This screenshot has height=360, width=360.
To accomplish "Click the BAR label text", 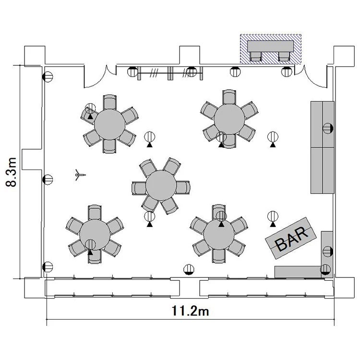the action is [292, 238].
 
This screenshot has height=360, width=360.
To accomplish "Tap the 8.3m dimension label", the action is [11, 172].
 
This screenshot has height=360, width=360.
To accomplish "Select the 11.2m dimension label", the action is [191, 311].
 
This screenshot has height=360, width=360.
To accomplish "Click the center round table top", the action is [161, 185].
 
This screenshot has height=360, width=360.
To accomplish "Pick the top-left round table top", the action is [110, 124].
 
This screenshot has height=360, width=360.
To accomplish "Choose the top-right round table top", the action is [229, 119].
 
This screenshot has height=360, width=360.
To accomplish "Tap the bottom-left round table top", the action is [95, 234].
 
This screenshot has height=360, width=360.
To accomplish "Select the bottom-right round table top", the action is [219, 234].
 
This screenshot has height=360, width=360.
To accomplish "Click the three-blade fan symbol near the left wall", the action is [80, 175].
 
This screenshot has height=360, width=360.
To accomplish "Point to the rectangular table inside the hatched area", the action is [270, 46].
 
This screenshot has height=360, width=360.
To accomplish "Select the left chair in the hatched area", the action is [256, 57].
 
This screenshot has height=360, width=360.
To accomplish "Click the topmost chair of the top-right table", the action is [229, 97].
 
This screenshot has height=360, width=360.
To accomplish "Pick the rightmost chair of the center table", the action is [183, 188].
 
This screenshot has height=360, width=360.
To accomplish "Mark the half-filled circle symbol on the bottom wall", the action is [189, 270].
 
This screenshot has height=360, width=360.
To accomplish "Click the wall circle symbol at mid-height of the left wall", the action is [48, 180].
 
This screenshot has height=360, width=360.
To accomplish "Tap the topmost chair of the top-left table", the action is [110, 102].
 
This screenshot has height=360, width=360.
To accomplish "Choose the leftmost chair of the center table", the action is [139, 188].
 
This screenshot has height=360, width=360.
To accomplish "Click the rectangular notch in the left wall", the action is [32, 159].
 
